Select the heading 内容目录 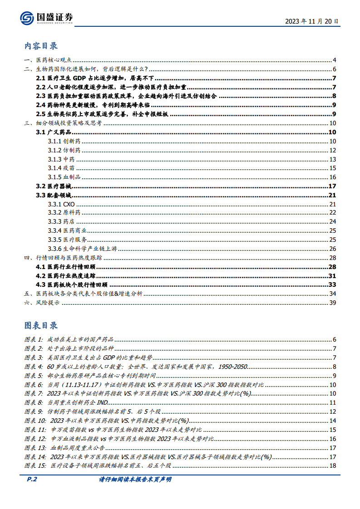click(x=41, y=46)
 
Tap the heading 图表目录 click(x=41, y=325)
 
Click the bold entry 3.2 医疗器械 click(x=54, y=186)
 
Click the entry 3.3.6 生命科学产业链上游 click(x=76, y=249)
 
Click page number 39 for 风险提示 click(x=332, y=303)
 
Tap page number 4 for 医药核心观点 click(x=334, y=60)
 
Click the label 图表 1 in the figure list click(x=34, y=340)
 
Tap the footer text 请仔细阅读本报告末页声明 click(x=135, y=480)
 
